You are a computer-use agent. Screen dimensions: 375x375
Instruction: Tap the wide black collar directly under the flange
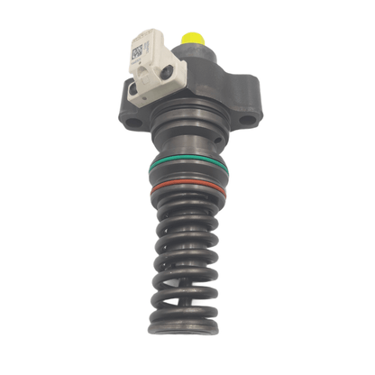pos(187,126)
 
